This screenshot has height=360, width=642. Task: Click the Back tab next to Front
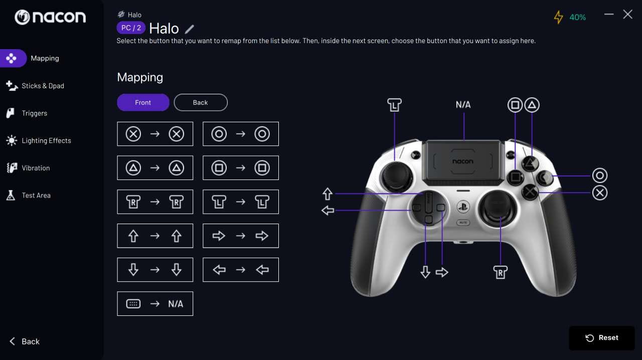[201, 102]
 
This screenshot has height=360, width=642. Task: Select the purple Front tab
[143, 102]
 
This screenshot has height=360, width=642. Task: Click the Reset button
[601, 337]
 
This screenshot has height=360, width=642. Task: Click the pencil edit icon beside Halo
[189, 29]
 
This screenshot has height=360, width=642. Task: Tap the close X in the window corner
[627, 15]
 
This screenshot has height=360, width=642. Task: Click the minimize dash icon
[609, 14]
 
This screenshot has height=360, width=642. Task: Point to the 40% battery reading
[577, 18]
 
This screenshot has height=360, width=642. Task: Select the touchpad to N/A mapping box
[155, 303]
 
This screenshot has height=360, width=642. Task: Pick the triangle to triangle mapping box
[155, 167]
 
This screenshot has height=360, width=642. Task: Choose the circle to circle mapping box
[240, 134]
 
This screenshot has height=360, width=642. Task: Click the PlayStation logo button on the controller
[463, 207]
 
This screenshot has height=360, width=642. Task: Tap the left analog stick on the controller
[397, 176]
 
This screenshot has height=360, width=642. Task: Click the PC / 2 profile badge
[131, 28]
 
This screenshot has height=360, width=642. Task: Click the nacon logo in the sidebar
[50, 17]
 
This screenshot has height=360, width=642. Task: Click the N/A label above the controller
[463, 105]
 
